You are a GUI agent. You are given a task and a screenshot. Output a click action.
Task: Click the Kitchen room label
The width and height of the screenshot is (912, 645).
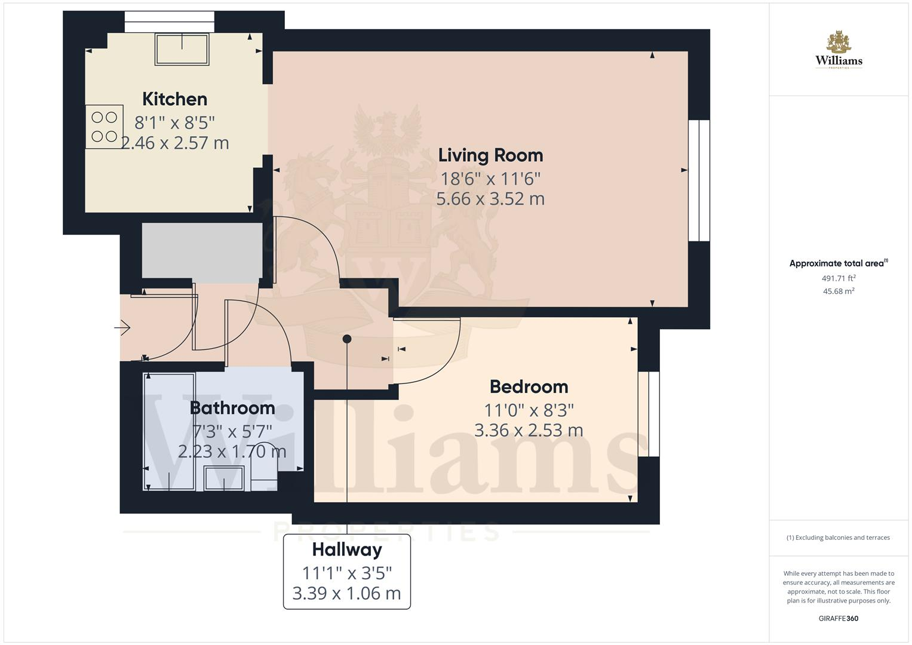pos(174,99)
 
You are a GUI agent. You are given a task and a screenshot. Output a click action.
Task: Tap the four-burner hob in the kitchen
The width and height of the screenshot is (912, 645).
pos(105,127)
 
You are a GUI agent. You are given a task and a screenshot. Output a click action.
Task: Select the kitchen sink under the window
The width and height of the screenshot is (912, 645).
pos(182,49)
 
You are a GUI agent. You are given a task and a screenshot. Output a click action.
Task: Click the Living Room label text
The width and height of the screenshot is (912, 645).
pos(490,155)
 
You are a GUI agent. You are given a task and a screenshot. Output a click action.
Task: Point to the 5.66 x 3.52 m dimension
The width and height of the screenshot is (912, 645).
pos(490,199)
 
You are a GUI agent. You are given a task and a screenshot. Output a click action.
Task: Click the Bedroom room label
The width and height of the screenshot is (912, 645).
pos(529,387)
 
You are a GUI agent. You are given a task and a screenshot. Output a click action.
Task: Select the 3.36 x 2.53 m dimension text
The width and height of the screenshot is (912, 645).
pos(529,431)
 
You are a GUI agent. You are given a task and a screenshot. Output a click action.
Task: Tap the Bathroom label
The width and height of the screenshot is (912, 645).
pos(232,408)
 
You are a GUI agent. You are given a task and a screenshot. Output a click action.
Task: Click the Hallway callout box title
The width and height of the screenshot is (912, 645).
pos(346,549)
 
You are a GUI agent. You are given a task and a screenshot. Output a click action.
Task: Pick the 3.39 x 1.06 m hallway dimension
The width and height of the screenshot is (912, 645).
pos(346,594)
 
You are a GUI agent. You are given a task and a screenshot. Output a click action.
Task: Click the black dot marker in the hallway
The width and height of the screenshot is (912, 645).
pos(346,339)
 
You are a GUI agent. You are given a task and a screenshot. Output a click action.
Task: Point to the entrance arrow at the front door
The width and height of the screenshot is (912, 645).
pos(123,327)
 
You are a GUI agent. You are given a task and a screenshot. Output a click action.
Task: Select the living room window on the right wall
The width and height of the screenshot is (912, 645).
pos(699,181)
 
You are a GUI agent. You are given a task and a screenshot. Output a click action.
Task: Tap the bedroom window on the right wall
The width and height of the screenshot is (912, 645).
pos(649,414)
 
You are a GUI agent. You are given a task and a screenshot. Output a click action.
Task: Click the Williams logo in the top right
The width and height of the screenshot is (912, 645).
pos(839,51)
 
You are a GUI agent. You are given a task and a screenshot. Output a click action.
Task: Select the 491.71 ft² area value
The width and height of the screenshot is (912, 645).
pos(839,278)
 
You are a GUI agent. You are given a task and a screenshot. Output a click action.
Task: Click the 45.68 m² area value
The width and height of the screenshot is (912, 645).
pos(839,291)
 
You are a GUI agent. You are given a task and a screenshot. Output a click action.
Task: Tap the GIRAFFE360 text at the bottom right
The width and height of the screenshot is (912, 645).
pos(838,618)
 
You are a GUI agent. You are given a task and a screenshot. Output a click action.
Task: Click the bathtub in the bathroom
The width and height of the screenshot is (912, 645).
pos(169,431)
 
